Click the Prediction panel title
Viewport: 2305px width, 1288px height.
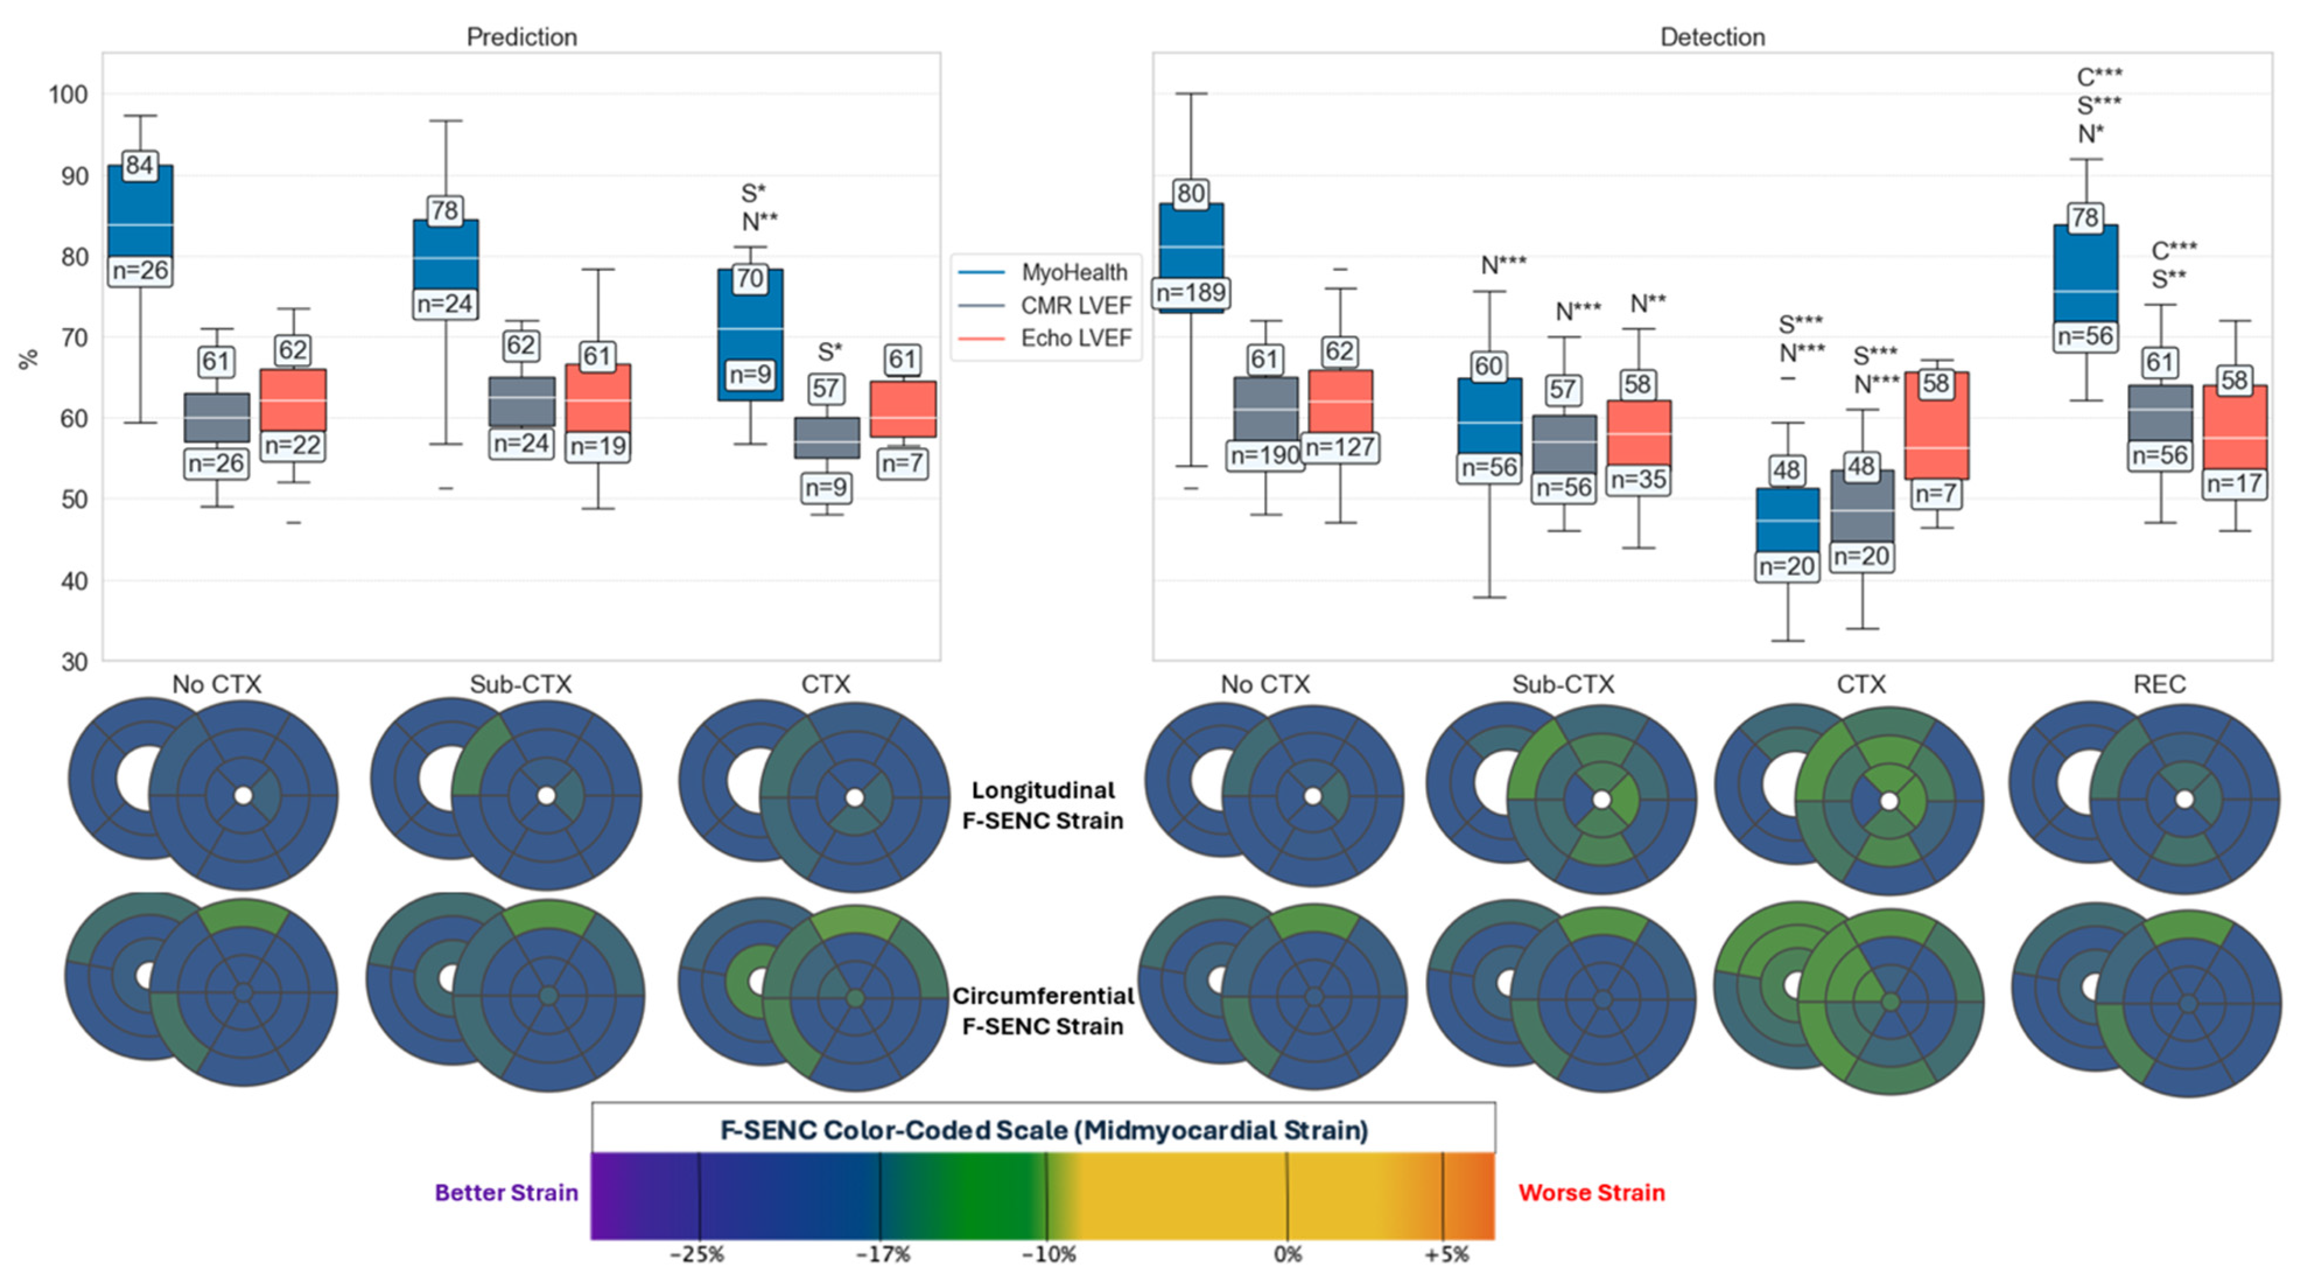[x=522, y=37]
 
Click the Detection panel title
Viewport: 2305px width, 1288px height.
[x=1712, y=37]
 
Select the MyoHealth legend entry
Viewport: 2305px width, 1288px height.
[x=1073, y=272]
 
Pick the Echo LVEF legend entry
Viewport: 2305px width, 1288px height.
[x=1076, y=338]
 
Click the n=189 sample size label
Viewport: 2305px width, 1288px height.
[x=1191, y=293]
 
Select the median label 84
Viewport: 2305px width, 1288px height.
[x=139, y=166]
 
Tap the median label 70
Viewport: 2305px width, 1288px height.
[x=750, y=278]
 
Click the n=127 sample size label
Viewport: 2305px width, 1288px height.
[x=1339, y=447]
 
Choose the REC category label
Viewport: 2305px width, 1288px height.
[x=2159, y=684]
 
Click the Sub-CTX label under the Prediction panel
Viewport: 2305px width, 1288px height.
[x=521, y=684]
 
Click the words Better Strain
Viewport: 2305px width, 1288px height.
[x=507, y=1192]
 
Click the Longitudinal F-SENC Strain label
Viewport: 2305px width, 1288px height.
[x=1043, y=805]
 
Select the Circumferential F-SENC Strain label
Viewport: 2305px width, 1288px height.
[x=1043, y=1011]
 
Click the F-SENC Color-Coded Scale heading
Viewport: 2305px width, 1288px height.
[x=1043, y=1129]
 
